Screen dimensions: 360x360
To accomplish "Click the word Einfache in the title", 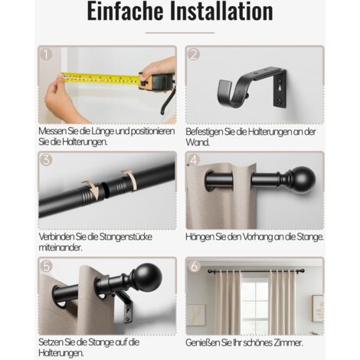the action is coord(125,11).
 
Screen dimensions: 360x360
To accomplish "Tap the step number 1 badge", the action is coord(46,54).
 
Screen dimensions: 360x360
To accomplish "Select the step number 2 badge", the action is coord(194,54).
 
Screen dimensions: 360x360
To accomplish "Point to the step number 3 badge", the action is coord(46,160).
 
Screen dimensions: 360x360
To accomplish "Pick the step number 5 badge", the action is coord(46,266).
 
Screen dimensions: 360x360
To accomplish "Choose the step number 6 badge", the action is coord(194,266).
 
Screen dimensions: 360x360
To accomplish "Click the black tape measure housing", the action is coord(156,80).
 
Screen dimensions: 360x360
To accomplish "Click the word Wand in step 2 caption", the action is coord(198,142).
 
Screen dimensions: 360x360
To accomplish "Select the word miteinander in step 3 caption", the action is coord(61,247).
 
